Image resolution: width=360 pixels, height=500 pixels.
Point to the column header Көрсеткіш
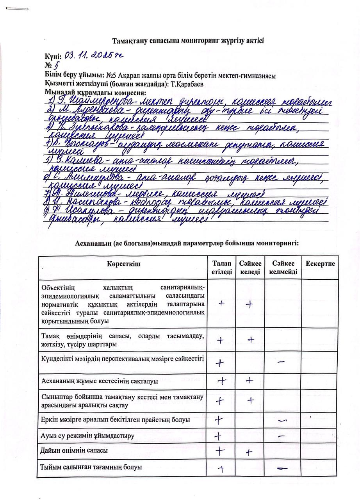124,264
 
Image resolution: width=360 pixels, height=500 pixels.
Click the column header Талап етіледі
222,268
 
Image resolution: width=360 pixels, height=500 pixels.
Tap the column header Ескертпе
320,264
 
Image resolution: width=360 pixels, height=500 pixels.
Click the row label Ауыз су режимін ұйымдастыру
87,435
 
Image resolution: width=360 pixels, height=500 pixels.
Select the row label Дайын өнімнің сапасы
74,450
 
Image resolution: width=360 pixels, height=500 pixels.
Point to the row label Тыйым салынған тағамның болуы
91,467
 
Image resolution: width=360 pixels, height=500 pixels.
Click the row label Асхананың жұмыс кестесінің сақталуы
100,380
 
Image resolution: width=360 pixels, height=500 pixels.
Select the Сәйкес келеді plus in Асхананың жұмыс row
250,380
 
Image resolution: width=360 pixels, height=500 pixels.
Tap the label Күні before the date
53,57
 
